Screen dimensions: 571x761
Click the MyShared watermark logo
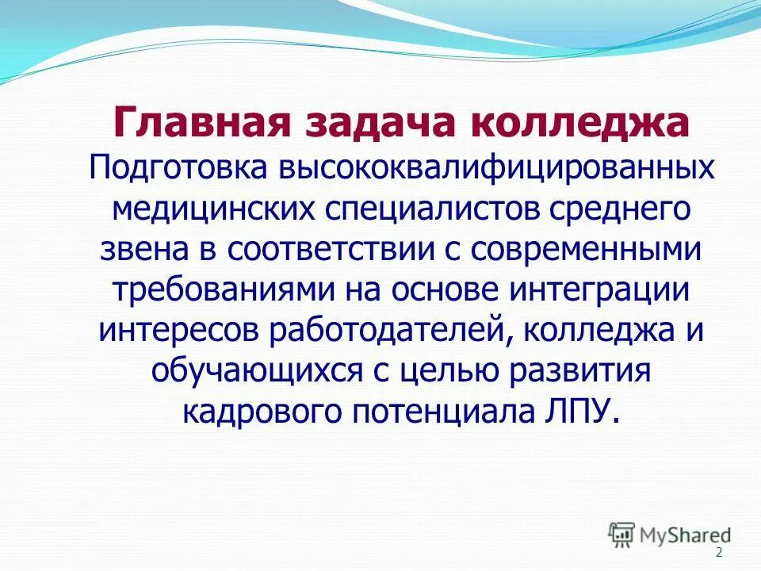[x=671, y=535]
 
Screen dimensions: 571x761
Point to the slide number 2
[x=719, y=554]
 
